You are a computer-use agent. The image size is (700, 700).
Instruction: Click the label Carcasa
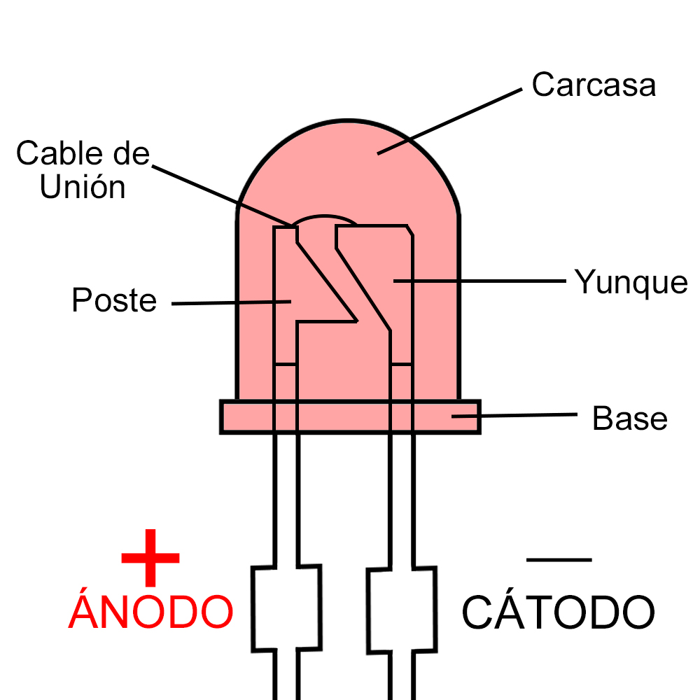[594, 85]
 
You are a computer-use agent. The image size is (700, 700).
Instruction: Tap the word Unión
[83, 187]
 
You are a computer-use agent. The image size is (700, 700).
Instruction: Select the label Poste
[114, 301]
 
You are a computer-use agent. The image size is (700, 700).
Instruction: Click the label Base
[629, 419]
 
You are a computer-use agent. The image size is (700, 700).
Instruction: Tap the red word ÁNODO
[150, 611]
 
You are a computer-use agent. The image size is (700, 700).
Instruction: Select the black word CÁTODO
[558, 611]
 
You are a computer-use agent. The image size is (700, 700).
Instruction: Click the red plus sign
[150, 558]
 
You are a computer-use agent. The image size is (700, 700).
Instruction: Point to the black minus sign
[559, 559]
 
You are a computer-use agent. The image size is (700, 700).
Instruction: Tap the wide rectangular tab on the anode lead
[286, 608]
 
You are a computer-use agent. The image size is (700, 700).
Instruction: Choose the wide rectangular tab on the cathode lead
[402, 608]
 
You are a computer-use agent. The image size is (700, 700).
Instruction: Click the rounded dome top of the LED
[348, 140]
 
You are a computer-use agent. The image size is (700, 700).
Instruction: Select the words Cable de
[83, 154]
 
